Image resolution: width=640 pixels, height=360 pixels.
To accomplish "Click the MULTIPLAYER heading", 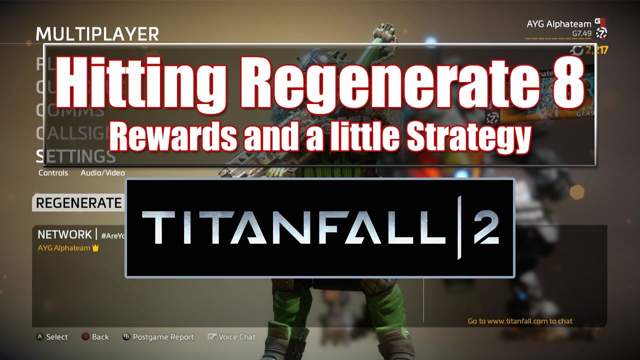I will tap(97, 34).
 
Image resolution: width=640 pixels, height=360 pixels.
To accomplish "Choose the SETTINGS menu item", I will tap(76, 156).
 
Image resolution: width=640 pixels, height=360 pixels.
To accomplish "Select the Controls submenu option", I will tap(53, 173).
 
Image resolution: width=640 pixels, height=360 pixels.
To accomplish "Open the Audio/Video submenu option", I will tap(102, 173).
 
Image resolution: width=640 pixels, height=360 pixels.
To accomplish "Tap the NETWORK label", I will tap(64, 234).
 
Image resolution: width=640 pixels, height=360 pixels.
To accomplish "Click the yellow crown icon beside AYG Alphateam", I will tap(95, 248).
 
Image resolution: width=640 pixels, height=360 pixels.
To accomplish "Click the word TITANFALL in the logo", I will tap(295, 227).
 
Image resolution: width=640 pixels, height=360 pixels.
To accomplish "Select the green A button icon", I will tap(40, 337).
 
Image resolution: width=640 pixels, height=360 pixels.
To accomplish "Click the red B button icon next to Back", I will tap(85, 337).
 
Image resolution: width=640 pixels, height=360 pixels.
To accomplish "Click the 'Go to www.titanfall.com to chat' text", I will tap(520, 321).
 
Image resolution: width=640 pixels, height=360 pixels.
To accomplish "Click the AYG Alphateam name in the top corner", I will tap(558, 24).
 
